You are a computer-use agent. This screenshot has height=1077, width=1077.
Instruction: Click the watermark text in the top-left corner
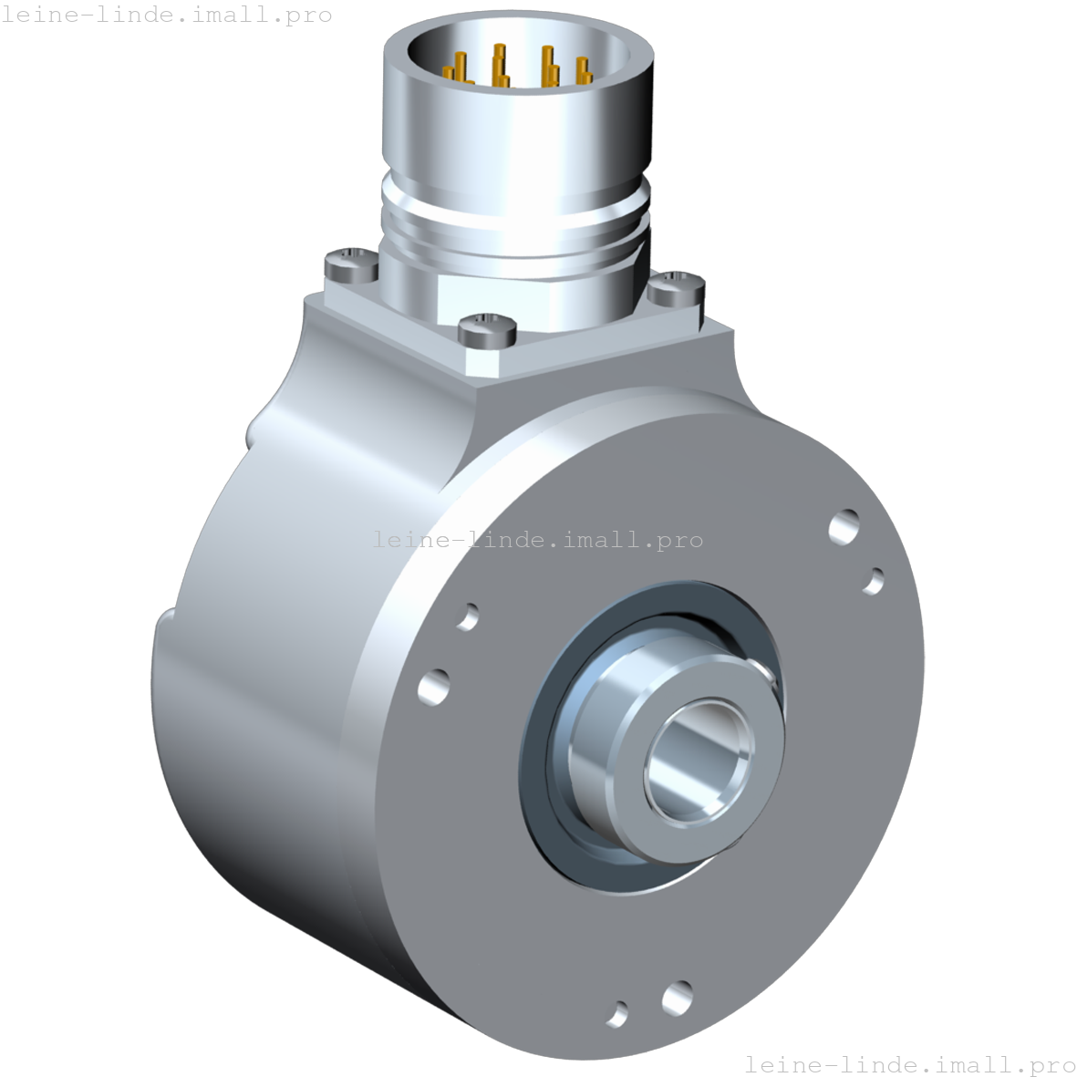[x=166, y=16]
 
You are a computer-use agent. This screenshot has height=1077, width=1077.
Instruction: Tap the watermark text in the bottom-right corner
[x=909, y=1063]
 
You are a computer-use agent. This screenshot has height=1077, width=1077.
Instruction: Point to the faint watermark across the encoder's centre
[x=538, y=540]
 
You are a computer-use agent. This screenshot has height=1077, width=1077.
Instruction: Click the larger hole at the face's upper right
[x=844, y=526]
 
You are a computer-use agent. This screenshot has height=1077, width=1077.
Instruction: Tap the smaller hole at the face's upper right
[x=874, y=580]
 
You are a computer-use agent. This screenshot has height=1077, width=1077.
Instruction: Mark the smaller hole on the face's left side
[x=468, y=616]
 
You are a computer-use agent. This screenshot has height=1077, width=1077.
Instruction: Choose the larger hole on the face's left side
[x=434, y=686]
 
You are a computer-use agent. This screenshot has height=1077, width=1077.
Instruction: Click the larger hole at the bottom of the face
[x=678, y=998]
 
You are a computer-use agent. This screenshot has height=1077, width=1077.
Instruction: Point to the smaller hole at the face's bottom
[x=618, y=1013]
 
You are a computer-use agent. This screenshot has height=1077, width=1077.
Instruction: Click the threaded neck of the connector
[x=515, y=228]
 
